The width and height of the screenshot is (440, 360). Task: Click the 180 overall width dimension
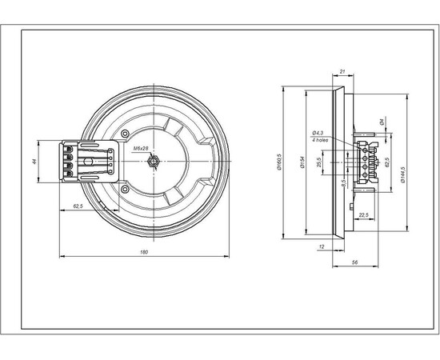(144, 254)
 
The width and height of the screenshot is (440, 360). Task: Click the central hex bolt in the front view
(152, 161)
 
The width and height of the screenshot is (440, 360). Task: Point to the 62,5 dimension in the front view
(79, 207)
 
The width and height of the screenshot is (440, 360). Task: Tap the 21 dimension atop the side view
(342, 71)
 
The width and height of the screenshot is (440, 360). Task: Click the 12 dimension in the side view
(320, 247)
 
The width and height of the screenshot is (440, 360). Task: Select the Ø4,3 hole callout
(318, 133)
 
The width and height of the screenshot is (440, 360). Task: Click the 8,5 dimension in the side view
(344, 183)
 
